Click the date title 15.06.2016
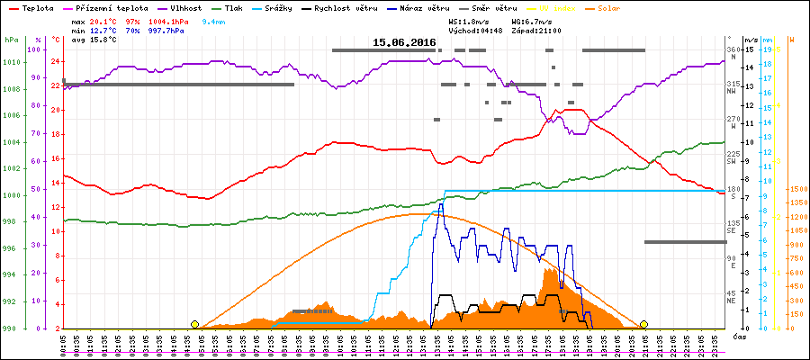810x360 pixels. tap(404, 42)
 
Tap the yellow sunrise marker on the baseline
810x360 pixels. tap(194, 324)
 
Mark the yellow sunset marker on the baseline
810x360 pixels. tap(643, 324)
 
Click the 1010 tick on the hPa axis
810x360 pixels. tap(11, 62)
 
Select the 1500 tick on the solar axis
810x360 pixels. tap(796, 189)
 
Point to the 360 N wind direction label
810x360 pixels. tap(732, 52)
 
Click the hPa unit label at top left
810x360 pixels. tap(12, 40)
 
